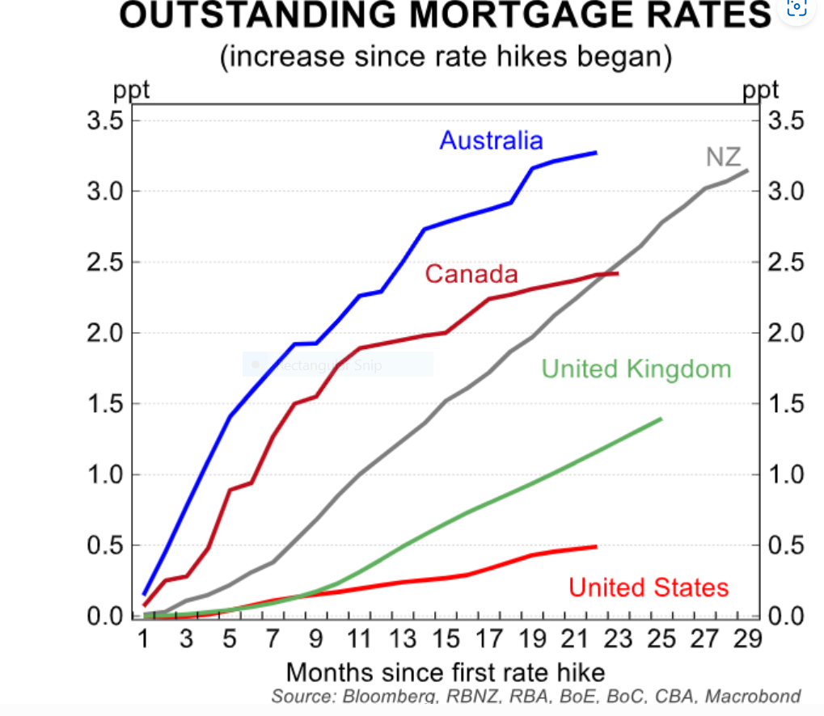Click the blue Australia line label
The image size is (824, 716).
[491, 141]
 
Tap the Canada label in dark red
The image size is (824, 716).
[471, 274]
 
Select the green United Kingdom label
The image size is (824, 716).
[636, 369]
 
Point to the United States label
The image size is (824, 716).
[649, 588]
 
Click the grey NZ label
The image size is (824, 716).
[723, 157]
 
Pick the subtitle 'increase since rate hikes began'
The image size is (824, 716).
[446, 58]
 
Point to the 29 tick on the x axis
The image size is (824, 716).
[747, 639]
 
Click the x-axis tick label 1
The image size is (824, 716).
[143, 639]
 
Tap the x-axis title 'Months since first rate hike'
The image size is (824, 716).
[446, 672]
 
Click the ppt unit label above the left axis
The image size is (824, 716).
[131, 90]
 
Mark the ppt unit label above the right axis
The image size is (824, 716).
[760, 90]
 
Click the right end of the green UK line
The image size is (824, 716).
[661, 419]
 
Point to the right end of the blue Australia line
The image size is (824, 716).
[596, 152]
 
